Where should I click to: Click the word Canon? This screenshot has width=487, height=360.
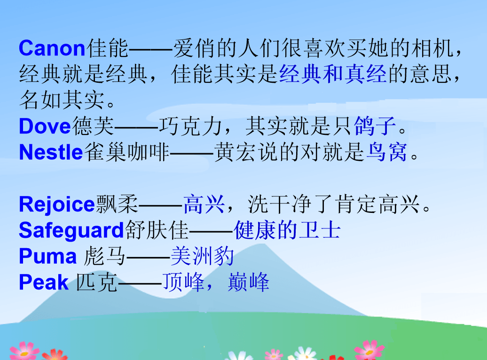point(52,48)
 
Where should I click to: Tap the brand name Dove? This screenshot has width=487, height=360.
point(45,126)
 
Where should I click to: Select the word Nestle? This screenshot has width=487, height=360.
point(51,152)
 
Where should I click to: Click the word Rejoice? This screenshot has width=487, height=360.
point(57,205)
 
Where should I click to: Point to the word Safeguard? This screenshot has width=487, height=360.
point(71,231)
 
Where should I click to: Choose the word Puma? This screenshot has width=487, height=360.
point(47,256)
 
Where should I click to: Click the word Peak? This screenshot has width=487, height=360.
point(44,282)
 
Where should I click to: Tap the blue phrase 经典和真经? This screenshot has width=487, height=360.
point(333,74)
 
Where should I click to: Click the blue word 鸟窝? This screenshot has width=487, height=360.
point(387,152)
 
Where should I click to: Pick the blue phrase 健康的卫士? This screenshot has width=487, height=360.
point(287,230)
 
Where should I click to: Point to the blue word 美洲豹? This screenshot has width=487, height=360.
point(202,256)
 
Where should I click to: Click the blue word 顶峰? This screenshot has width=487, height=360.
point(183,282)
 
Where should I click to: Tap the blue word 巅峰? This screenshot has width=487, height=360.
point(249,282)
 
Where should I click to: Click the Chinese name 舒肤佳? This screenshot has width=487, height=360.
point(157,230)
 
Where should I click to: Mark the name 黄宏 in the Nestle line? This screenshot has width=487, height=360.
point(235,152)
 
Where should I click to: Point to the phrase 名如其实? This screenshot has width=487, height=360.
point(62,100)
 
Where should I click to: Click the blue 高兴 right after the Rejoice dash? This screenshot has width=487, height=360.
point(204,205)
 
